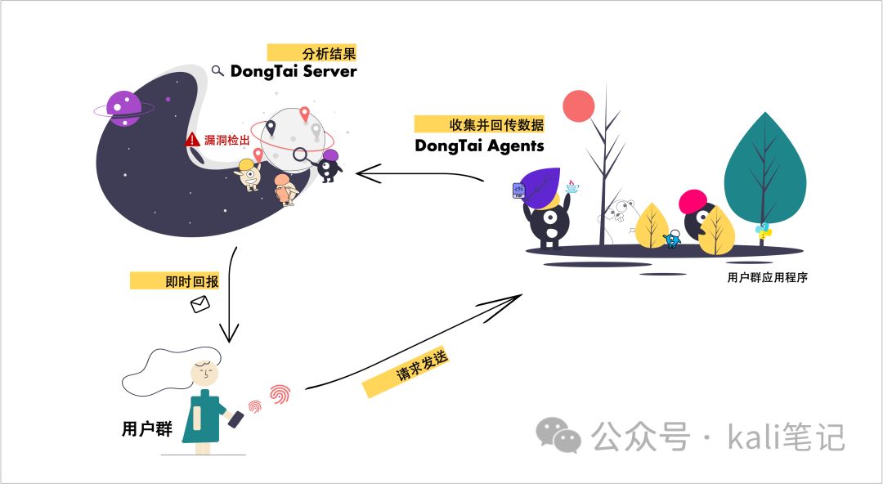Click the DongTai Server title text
(294, 71)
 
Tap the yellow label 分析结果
(312, 52)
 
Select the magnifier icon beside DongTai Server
(217, 70)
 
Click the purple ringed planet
(124, 109)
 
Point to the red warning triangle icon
(193, 139)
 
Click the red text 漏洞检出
(227, 140)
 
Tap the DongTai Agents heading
(479, 146)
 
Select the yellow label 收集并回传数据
(479, 124)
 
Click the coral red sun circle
(578, 106)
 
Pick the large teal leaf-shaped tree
(764, 169)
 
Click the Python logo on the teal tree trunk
(764, 231)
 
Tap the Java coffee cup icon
(572, 186)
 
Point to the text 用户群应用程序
(767, 277)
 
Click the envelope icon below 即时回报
(200, 304)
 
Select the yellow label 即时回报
(175, 281)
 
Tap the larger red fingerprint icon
(280, 394)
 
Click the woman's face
(204, 373)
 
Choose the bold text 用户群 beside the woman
(147, 428)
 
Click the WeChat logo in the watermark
(558, 435)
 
